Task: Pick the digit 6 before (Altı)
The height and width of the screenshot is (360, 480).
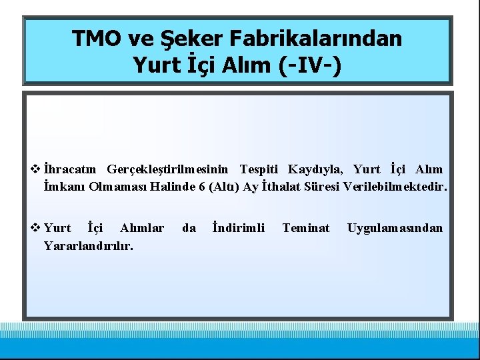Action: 201,187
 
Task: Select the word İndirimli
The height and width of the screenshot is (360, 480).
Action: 238,228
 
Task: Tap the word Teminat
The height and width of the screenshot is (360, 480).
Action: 306,228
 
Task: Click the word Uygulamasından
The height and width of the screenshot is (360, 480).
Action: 395,228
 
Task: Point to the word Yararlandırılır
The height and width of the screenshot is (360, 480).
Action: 88,246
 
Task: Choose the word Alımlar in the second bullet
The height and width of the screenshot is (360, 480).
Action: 142,228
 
